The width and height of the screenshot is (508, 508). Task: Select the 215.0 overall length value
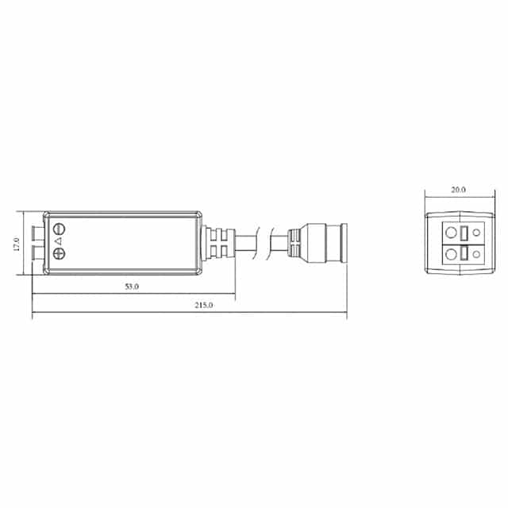coord(203,305)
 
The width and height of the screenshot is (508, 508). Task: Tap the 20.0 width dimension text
coord(458,190)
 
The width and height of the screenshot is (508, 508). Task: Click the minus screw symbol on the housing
coord(58,229)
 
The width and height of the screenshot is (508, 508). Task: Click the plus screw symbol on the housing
coord(58,254)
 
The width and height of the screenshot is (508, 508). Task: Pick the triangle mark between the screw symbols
coord(58,241)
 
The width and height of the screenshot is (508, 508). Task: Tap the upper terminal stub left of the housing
coord(37,232)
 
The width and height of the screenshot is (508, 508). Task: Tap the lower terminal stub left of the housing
coord(37,254)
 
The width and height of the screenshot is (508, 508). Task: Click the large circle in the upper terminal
coord(451,233)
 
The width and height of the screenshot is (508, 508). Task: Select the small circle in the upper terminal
coord(475,233)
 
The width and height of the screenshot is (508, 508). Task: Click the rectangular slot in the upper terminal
coord(464,233)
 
